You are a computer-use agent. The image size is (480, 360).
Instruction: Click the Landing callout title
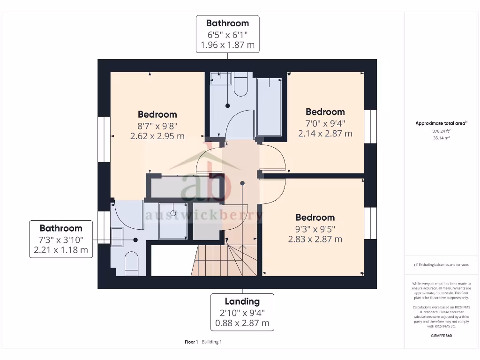(x=242, y=301)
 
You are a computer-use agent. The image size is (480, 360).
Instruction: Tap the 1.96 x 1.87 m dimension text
(x=227, y=45)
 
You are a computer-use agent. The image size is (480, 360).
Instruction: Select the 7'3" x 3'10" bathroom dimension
(x=60, y=239)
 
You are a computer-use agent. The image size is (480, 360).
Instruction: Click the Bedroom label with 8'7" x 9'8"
(x=157, y=114)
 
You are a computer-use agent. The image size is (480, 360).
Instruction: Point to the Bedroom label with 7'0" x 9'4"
(x=325, y=112)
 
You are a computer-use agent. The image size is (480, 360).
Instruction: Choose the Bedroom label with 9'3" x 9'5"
(x=315, y=217)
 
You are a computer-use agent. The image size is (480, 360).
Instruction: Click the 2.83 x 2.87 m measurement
(x=315, y=239)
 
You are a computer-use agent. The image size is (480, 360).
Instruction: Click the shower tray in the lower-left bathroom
(x=173, y=221)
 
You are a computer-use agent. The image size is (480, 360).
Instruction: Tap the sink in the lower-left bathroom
(x=117, y=236)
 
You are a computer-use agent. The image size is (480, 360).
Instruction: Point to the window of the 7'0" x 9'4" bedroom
(x=370, y=127)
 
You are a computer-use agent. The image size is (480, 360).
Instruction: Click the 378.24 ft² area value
(x=441, y=132)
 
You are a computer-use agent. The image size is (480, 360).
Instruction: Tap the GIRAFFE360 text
(x=441, y=336)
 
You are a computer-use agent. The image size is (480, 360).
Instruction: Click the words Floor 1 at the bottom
(x=191, y=342)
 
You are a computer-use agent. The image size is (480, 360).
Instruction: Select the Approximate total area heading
(x=440, y=123)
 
